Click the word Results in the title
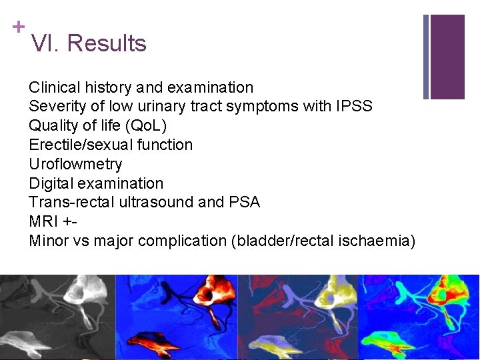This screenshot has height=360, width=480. (107, 43)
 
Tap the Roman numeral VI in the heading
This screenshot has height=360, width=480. (45, 43)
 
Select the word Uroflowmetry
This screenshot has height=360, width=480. (75, 164)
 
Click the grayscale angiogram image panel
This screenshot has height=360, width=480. (58, 317)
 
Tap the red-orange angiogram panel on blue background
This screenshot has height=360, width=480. (177, 317)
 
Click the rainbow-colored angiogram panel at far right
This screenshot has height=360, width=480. (419, 317)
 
